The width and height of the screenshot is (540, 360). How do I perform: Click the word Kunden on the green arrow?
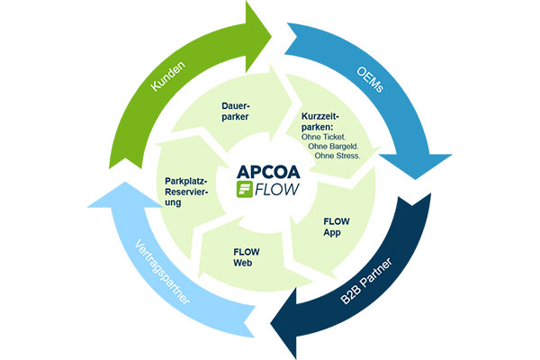[172, 82]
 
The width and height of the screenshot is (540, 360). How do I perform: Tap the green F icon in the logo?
[244, 190]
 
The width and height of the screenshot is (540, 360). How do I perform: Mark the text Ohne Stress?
[338, 156]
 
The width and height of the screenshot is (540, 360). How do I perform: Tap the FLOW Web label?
[247, 256]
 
